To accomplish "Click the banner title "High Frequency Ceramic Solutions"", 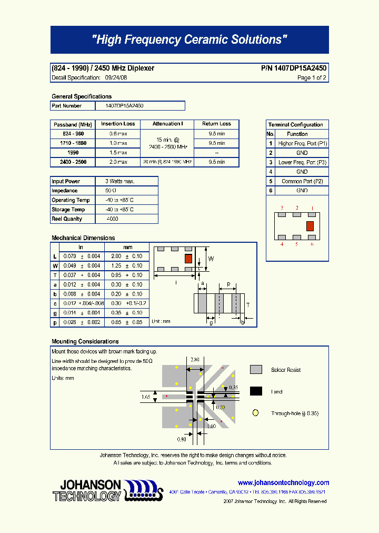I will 189,40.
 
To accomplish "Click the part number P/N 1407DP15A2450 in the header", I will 293,68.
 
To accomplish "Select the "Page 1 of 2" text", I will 312,78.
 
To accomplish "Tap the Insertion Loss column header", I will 118,124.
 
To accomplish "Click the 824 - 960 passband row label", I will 73,134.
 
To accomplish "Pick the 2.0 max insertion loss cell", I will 118,162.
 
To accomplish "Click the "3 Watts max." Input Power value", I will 120,181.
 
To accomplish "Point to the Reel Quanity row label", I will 67,219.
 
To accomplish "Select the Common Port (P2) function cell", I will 302,181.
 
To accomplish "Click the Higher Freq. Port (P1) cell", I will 302,143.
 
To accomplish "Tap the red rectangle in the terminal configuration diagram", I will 310,226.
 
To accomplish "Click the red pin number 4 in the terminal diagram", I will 282,244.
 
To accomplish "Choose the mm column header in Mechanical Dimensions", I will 127,247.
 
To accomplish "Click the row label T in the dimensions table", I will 55,275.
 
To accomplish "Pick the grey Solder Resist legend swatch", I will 256,370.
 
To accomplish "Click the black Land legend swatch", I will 256,391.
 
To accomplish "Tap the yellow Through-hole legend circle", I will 256,413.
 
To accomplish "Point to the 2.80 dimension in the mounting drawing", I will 195,360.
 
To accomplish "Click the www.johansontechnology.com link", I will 283,482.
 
